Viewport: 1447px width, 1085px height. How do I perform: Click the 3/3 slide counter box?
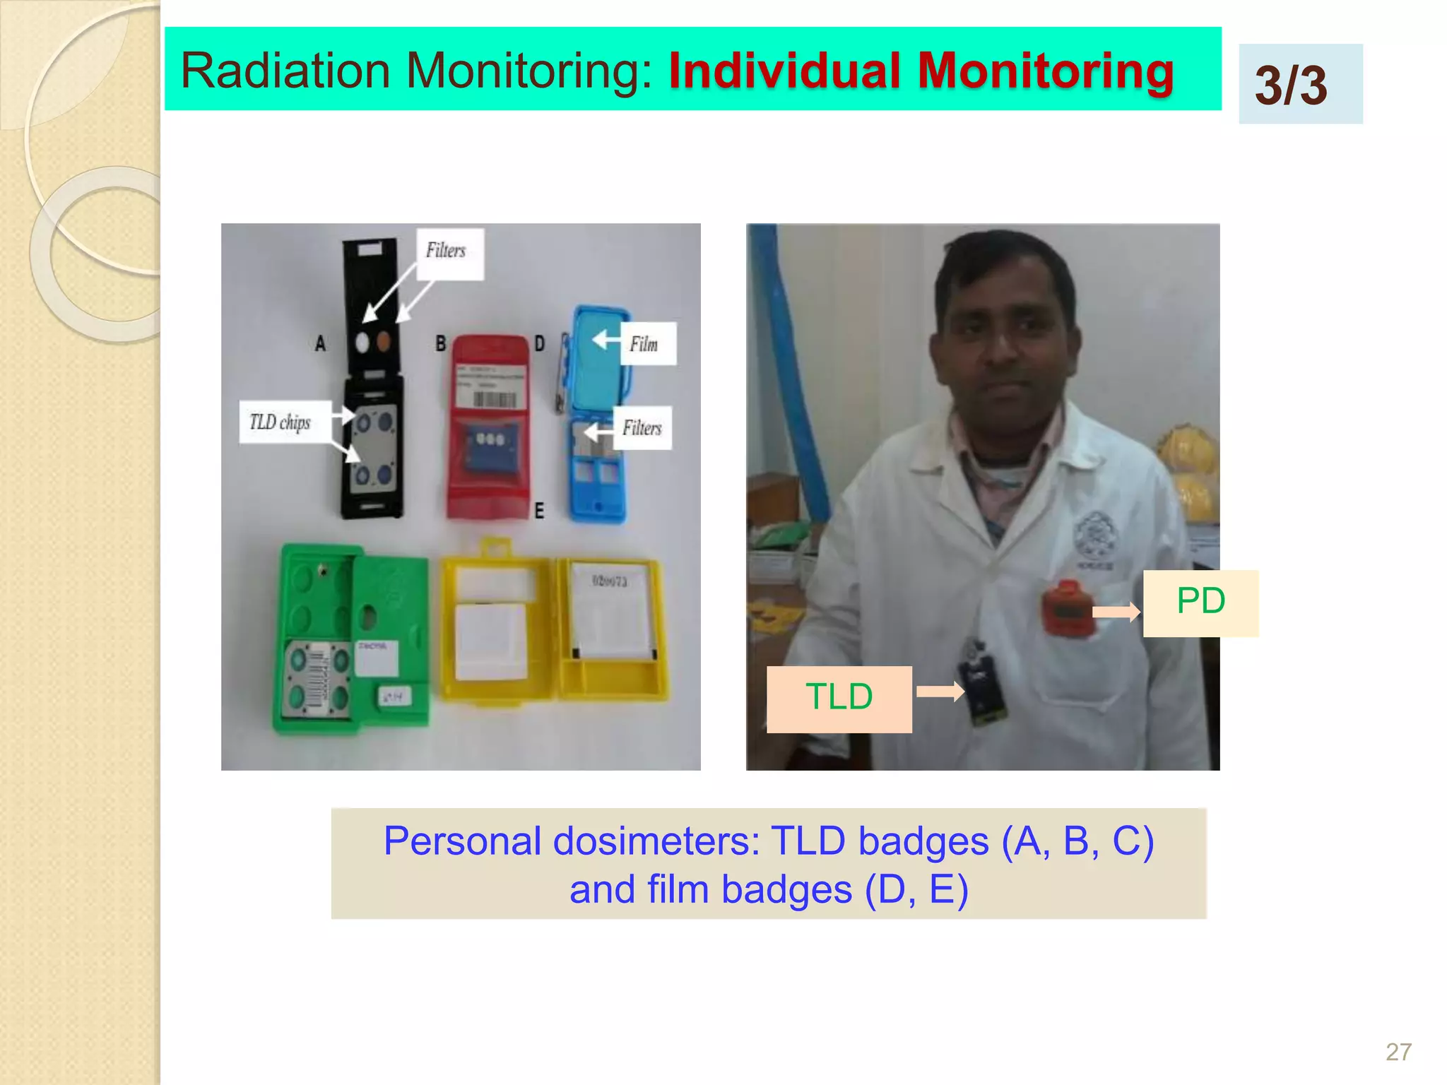1300,84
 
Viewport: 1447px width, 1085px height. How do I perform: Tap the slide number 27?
1398,1052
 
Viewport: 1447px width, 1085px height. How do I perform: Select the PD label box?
1200,603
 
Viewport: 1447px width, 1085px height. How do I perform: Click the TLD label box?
839,698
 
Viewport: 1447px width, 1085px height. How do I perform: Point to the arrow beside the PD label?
1116,611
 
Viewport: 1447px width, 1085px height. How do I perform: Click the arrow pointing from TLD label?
940,692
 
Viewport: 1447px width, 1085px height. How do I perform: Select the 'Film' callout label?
646,344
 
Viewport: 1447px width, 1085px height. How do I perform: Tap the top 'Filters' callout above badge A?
449,252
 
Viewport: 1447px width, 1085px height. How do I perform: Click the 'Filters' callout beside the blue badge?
642,428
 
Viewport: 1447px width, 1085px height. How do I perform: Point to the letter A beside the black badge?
321,344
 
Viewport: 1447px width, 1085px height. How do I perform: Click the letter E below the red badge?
539,511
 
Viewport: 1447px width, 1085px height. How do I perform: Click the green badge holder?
350,639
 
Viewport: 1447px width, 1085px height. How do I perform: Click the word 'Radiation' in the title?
286,72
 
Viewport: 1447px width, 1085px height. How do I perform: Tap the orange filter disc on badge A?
384,343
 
